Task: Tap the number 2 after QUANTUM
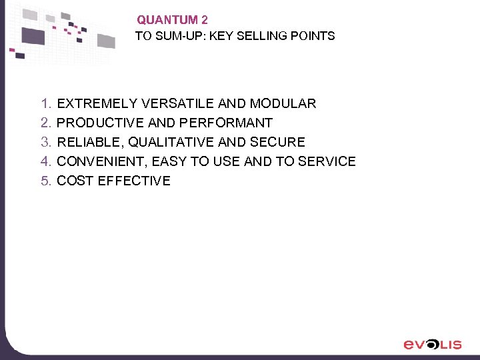pyautogui.click(x=204, y=21)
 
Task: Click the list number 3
pyautogui.click(x=45, y=142)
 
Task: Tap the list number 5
pyautogui.click(x=45, y=181)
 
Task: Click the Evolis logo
pyautogui.click(x=433, y=344)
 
